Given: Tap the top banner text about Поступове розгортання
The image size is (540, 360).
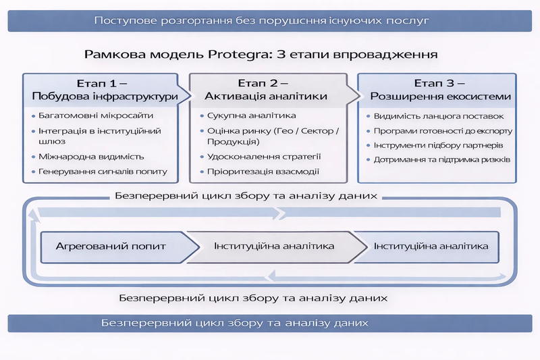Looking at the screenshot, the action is [262, 21].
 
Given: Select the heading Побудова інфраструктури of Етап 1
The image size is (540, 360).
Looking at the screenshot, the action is [105, 96].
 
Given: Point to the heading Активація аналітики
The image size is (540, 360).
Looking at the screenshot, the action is [266, 96].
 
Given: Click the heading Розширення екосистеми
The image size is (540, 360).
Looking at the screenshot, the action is [441, 96].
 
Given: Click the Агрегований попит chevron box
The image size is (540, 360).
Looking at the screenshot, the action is [119, 247].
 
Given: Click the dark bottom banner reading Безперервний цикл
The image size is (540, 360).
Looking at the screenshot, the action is [269, 323].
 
